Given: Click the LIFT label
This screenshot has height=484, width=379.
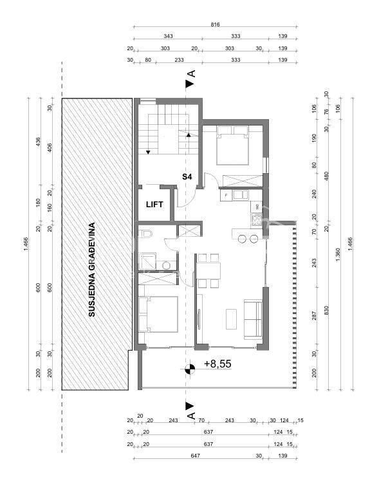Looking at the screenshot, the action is (x=154, y=204).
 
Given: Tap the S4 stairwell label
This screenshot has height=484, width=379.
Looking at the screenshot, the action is (x=187, y=177).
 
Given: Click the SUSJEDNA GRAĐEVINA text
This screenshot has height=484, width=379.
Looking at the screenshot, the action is (x=91, y=270).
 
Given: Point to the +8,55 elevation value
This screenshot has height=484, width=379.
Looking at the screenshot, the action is (x=217, y=364).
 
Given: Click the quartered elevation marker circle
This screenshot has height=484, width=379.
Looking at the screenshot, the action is (x=190, y=369).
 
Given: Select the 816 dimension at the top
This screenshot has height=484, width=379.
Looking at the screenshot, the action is (x=215, y=24).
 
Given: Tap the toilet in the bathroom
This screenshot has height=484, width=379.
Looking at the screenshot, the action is (x=145, y=234).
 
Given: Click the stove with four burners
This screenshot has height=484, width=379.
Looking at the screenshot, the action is (x=257, y=220).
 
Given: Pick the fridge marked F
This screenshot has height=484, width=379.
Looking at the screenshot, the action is (x=226, y=195).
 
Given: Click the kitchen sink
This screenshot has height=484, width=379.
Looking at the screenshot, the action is (x=241, y=195).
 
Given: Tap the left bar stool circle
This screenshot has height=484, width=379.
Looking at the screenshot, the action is (x=243, y=239).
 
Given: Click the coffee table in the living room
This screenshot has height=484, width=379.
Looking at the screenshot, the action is (x=231, y=319).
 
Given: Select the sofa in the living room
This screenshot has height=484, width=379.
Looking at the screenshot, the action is (x=253, y=319).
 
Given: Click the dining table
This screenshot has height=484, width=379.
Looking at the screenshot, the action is (x=208, y=271).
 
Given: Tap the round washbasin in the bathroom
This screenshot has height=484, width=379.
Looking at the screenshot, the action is (x=167, y=265).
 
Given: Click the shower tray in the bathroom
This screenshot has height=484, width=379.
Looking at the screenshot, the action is (x=147, y=261).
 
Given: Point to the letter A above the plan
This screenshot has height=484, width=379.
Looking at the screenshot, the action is (x=191, y=73).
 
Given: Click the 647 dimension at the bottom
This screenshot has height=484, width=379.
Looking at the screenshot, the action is (x=196, y=456).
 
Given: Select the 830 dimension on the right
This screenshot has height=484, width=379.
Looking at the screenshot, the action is (x=326, y=310).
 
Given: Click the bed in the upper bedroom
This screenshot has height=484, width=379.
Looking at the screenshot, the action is (x=232, y=145).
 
